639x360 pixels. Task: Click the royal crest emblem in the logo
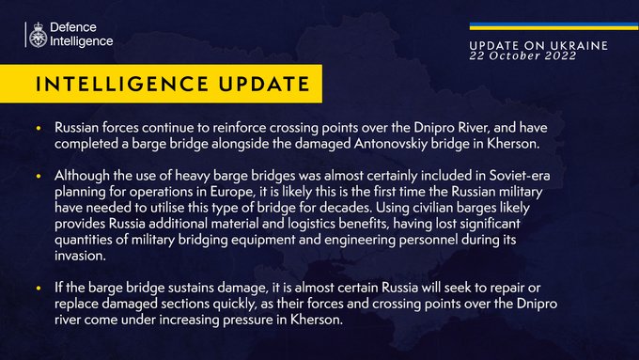pyautogui.click(x=38, y=35)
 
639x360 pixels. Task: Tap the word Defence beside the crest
pyautogui.click(x=73, y=27)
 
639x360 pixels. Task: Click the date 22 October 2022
pyautogui.click(x=522, y=55)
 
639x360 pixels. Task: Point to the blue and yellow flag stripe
pyautogui.click(x=553, y=26)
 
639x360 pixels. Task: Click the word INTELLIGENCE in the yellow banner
pyautogui.click(x=122, y=84)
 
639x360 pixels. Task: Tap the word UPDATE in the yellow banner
pyautogui.click(x=264, y=84)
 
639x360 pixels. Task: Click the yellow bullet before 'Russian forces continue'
pyautogui.click(x=39, y=128)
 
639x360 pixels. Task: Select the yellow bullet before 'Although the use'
pyautogui.click(x=39, y=176)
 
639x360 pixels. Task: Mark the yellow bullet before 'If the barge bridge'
pyautogui.click(x=39, y=289)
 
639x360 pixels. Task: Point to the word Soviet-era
pyautogui.click(x=520, y=176)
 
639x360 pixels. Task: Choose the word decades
pyautogui.click(x=346, y=208)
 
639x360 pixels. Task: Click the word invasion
pyautogui.click(x=80, y=256)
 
